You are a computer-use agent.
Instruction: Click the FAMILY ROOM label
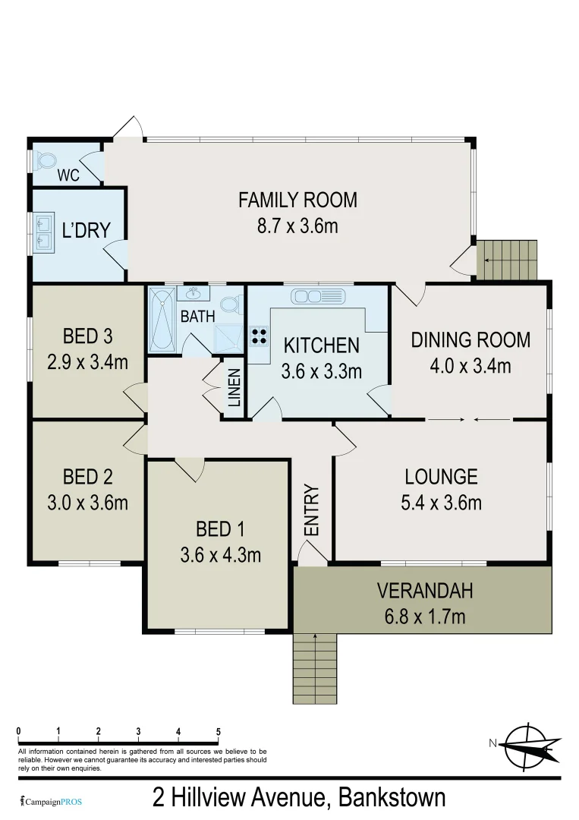pyautogui.click(x=297, y=200)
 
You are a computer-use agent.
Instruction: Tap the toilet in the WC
pyautogui.click(x=46, y=160)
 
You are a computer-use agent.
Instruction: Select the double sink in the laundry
pyautogui.click(x=43, y=232)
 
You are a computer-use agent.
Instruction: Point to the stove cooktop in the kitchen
pyautogui.click(x=259, y=336)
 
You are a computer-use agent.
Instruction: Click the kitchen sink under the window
pyautogui.click(x=317, y=295)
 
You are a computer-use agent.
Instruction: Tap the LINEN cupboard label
pyautogui.click(x=234, y=387)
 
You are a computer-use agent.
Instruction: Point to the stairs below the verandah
pyautogui.click(x=315, y=668)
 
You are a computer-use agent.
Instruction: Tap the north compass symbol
pyautogui.click(x=526, y=743)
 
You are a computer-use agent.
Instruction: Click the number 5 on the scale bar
pyautogui.click(x=219, y=732)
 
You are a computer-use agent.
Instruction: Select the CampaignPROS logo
pyautogui.click(x=52, y=801)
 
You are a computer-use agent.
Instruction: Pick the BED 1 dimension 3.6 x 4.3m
pyautogui.click(x=221, y=555)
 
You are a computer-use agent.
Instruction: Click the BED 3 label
pyautogui.click(x=87, y=336)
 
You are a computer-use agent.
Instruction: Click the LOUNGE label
pyautogui.click(x=441, y=477)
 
